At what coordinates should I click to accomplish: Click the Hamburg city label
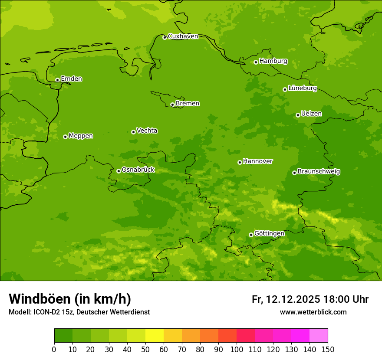273,61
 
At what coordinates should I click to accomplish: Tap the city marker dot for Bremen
172,105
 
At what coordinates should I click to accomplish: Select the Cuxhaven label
183,36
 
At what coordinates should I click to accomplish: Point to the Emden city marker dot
57,80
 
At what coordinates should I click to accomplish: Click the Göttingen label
269,234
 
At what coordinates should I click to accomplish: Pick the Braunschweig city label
319,172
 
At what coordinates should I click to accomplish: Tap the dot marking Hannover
240,162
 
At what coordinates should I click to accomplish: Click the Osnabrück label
138,170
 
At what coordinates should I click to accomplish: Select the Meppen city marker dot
65,137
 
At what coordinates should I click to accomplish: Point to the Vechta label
147,131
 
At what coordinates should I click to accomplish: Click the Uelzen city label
311,114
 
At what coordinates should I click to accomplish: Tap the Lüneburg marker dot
285,89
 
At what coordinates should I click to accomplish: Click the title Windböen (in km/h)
70,299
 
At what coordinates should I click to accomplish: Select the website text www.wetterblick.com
313,312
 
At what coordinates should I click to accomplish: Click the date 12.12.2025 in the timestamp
293,299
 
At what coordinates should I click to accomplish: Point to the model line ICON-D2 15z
54,312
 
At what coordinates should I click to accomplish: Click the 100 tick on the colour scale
237,349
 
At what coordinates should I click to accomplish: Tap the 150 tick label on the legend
328,349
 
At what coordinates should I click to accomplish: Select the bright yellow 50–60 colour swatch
155,336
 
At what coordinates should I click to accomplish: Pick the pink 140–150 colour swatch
319,336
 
